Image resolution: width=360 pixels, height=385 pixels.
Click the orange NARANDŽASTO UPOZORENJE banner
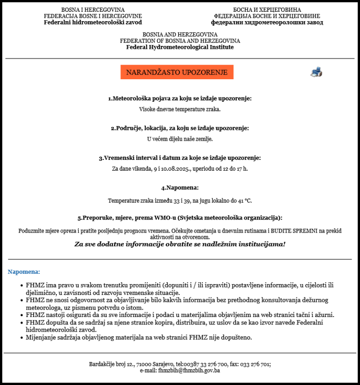(177, 72)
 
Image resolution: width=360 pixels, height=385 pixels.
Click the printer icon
(316, 72)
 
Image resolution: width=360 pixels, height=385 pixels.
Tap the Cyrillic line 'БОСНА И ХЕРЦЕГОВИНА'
(267, 10)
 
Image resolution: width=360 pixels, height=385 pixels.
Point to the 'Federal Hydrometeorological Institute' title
(180, 47)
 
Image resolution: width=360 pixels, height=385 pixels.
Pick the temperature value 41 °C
(244, 201)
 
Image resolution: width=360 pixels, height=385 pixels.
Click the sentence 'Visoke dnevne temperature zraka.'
(180, 109)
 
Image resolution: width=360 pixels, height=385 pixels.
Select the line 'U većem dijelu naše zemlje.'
(180, 139)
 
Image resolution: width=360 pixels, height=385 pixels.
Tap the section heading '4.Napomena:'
(180, 188)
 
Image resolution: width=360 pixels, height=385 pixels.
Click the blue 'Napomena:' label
(24, 272)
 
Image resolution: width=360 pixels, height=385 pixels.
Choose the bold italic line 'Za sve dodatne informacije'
(180, 244)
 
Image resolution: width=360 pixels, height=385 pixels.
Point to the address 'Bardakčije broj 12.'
(111, 364)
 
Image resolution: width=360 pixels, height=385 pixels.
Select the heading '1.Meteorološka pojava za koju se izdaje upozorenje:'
(180, 98)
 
